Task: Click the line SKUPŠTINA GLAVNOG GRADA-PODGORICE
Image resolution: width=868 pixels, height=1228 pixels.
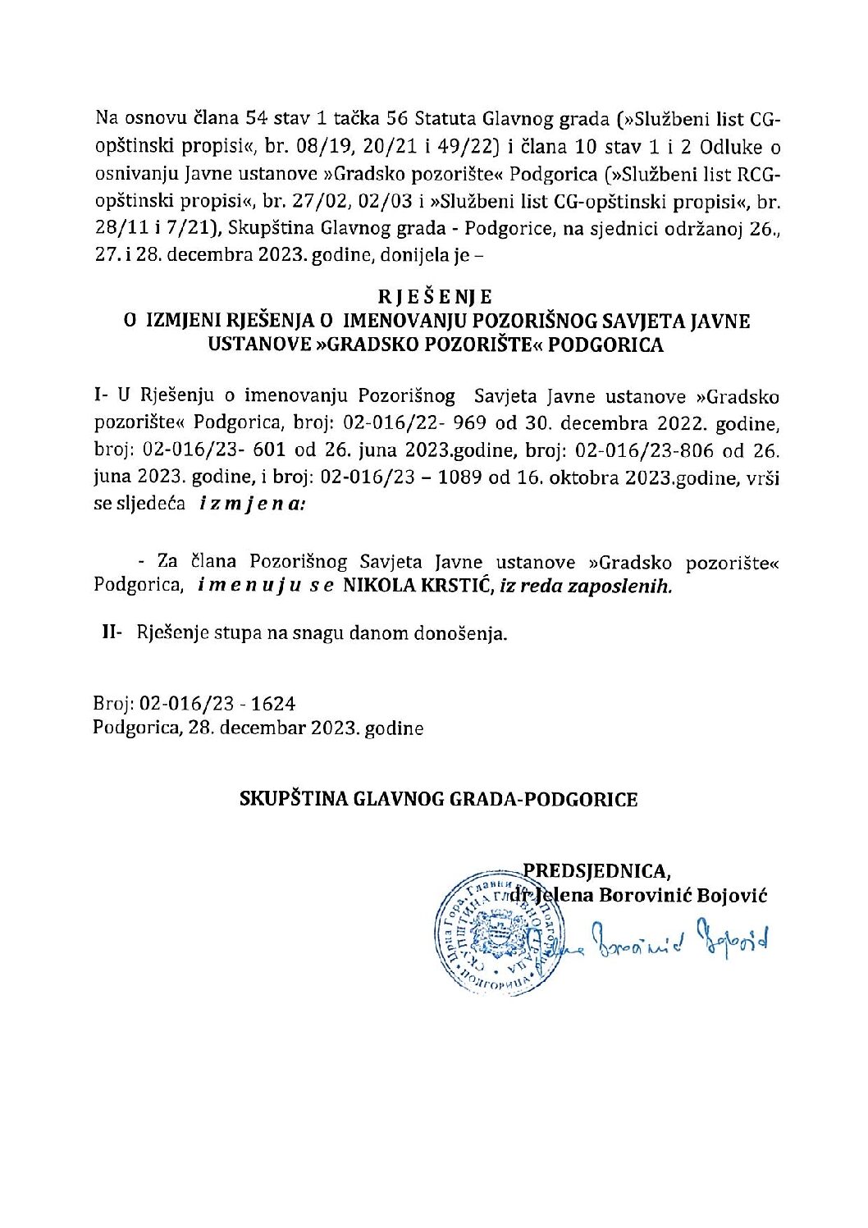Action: [438, 799]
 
